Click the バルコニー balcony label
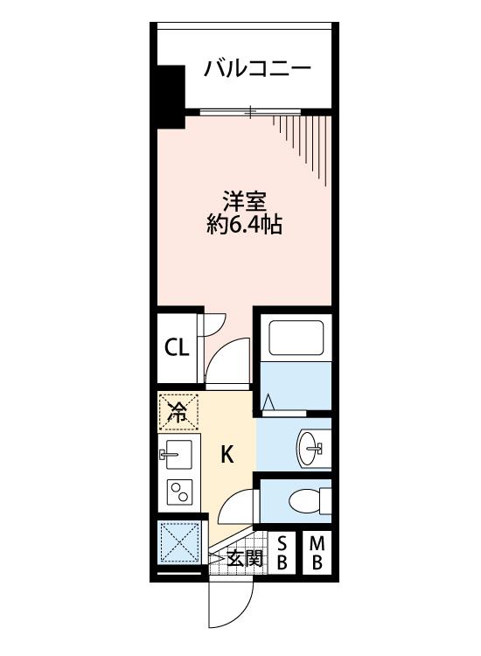pos(257,69)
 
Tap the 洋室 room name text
pos(245,201)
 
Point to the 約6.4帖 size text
pos(245,225)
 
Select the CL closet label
pos(177,347)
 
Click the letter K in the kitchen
pos(227,454)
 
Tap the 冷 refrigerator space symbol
pos(178,412)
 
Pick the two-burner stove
pos(179,491)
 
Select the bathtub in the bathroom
pos(296,338)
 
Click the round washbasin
pos(308,448)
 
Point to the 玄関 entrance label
pos(245,558)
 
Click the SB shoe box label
pos(282,554)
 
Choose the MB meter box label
pos(317,554)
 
